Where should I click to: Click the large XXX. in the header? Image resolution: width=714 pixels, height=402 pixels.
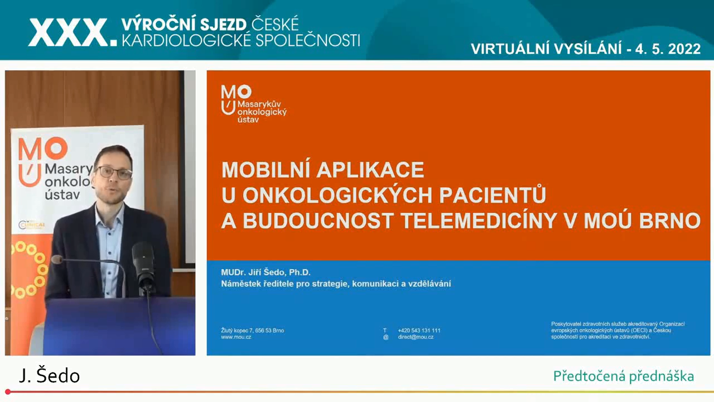73,32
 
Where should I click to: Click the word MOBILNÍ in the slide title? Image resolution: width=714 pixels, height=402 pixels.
267,170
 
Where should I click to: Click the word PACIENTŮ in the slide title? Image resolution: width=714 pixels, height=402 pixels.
493,195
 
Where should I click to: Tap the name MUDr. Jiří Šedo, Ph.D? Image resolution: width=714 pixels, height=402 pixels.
266,272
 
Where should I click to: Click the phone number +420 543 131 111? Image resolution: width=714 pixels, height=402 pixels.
419,331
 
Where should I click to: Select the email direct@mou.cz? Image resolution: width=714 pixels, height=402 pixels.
416,337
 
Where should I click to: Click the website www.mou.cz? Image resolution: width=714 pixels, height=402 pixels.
236,337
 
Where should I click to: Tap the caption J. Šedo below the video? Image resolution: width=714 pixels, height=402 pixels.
50,376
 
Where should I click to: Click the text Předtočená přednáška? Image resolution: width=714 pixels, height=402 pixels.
624,376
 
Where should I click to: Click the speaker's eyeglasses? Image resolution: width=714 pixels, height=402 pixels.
114,173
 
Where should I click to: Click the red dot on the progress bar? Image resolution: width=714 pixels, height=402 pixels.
8,392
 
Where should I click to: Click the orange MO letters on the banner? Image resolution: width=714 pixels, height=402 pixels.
43,149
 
